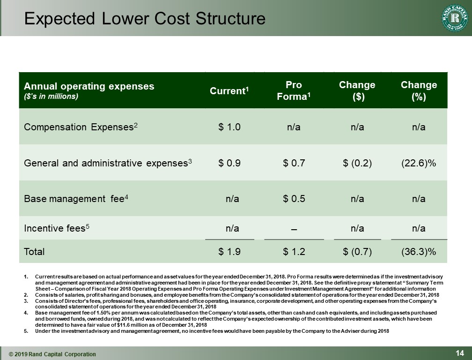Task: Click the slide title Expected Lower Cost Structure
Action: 145,18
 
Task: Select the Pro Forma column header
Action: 294,90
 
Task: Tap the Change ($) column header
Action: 357,90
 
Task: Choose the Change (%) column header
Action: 419,90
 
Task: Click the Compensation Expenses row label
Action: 81,127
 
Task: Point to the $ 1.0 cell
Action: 229,127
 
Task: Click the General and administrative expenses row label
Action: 108,163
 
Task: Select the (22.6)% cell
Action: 419,163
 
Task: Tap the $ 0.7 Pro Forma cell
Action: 294,163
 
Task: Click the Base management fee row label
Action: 76,198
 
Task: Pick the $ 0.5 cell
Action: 294,198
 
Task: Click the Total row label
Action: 34,252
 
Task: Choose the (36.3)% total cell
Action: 419,252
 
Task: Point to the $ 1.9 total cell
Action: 229,252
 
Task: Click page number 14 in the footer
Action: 459,353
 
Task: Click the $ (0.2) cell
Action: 357,163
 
